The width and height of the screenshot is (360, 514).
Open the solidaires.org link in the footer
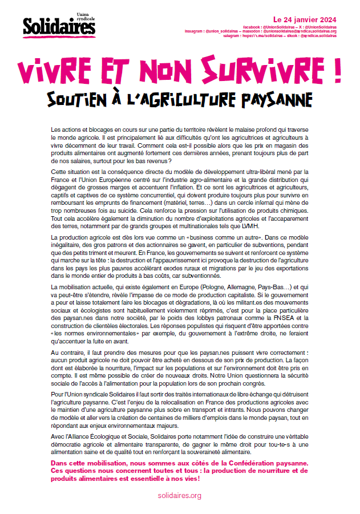tap(180, 496)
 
